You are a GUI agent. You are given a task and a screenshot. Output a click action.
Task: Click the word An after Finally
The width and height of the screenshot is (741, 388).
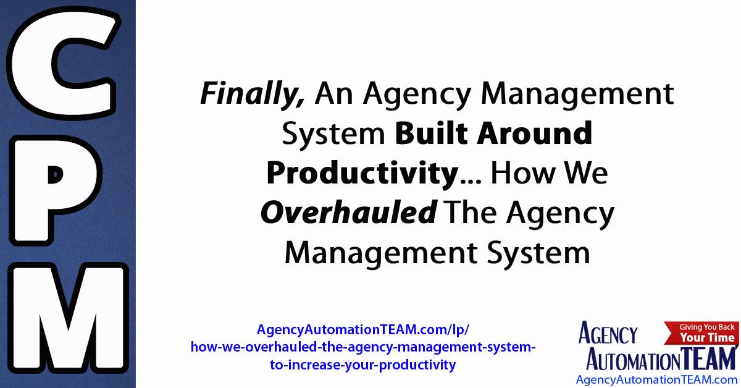(337, 95)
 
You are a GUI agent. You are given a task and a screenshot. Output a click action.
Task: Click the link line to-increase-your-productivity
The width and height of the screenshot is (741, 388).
(364, 365)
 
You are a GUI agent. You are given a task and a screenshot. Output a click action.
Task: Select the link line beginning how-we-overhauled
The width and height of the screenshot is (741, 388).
(364, 347)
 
